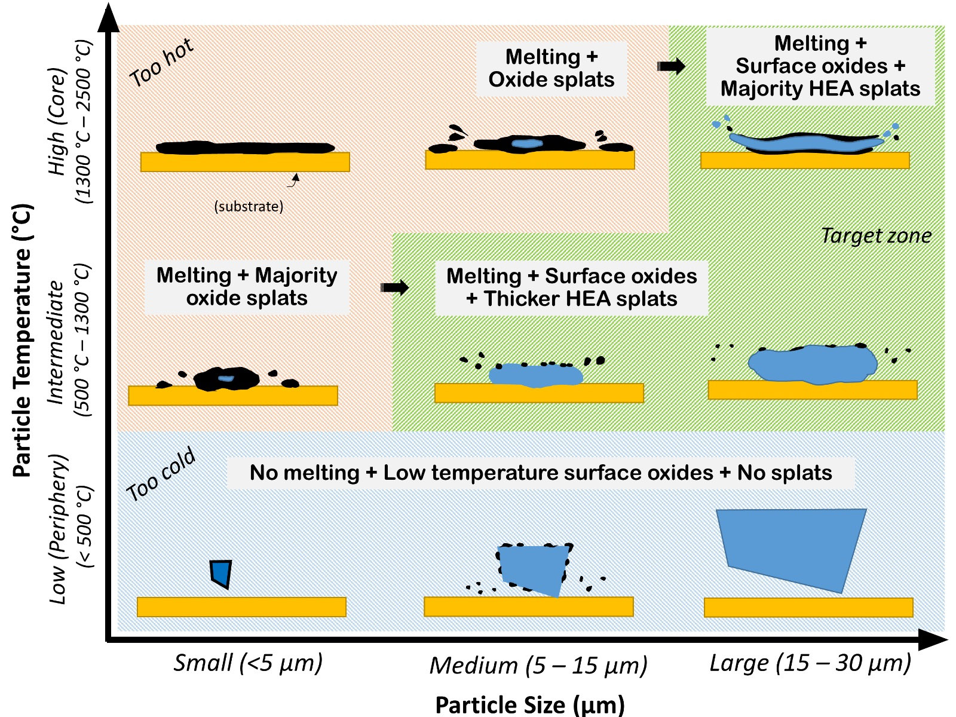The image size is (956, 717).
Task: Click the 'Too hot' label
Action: pos(161,62)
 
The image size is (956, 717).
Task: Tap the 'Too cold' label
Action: pos(161,474)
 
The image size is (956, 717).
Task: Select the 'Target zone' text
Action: pos(876,235)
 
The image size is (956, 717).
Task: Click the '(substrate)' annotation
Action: pos(249,207)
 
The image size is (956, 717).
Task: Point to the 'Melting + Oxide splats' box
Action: pos(551,69)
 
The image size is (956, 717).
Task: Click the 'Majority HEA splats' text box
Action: pos(820,66)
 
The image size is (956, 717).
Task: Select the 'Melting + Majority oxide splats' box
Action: pos(247,287)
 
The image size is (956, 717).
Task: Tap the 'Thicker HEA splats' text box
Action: pos(571,287)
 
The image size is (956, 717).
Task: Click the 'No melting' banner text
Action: pos(540,473)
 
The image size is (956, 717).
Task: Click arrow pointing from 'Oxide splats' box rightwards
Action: pos(671,66)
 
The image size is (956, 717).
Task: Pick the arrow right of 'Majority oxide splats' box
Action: pos(394,287)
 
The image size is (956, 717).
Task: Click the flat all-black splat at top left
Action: pos(245,147)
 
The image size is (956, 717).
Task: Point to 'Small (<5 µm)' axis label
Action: pos(248,663)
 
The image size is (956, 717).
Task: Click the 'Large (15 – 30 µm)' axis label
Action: pos(810,663)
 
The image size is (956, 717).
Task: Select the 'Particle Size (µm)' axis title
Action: pos(529,704)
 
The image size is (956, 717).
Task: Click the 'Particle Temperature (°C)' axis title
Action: pos(23,341)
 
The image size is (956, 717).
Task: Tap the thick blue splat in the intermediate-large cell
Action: pos(813,363)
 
